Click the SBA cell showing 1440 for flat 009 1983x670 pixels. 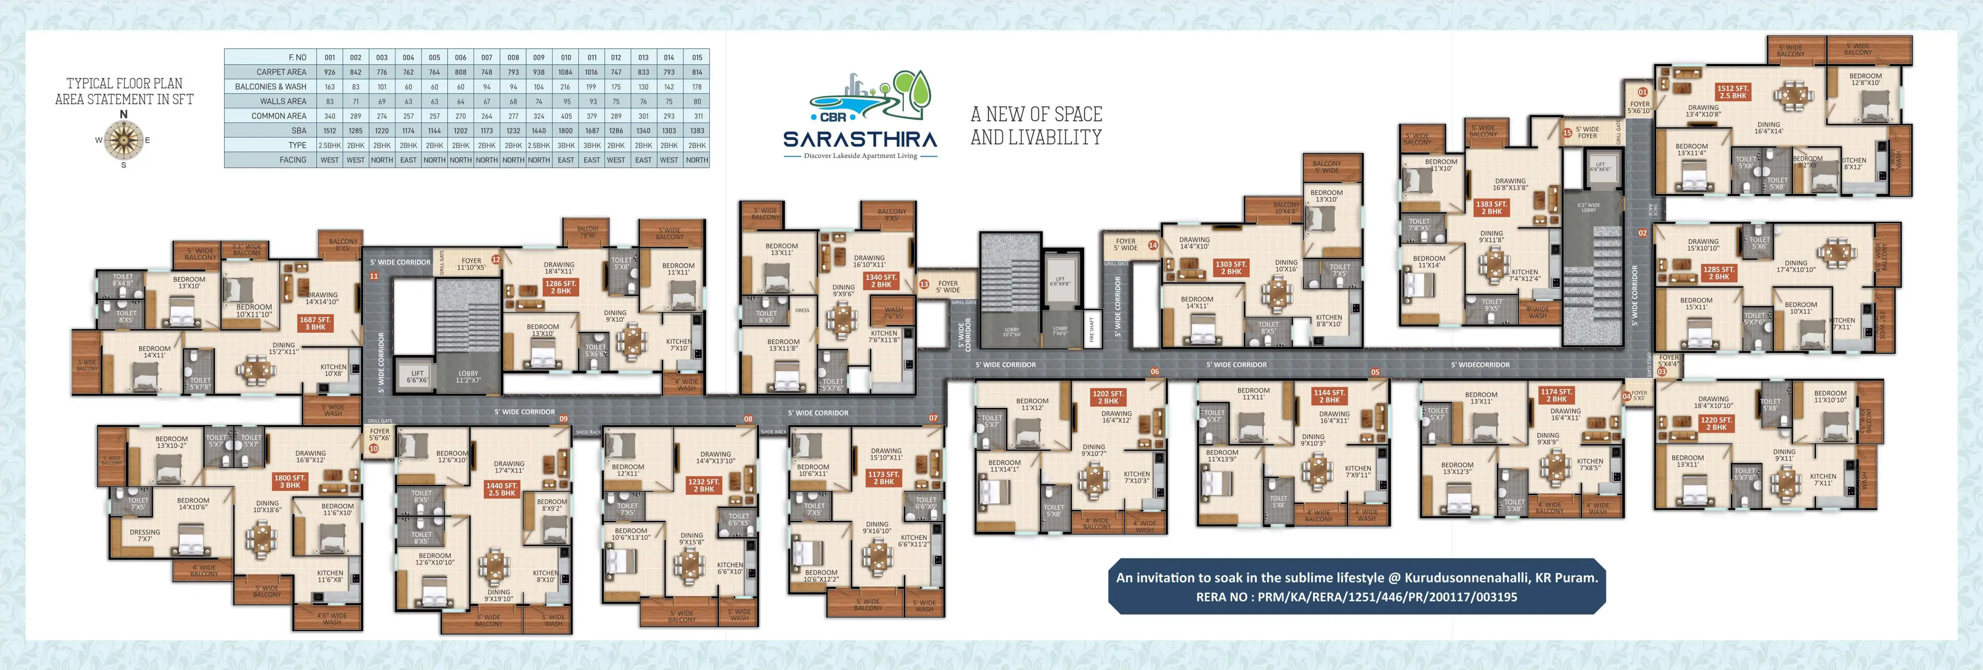pos(539,131)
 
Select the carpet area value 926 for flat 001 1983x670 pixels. pos(329,72)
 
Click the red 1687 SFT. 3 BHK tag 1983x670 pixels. pos(315,323)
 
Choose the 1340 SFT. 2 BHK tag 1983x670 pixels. pos(881,281)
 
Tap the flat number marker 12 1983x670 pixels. pos(496,260)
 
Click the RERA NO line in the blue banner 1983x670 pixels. pos(1357,597)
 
